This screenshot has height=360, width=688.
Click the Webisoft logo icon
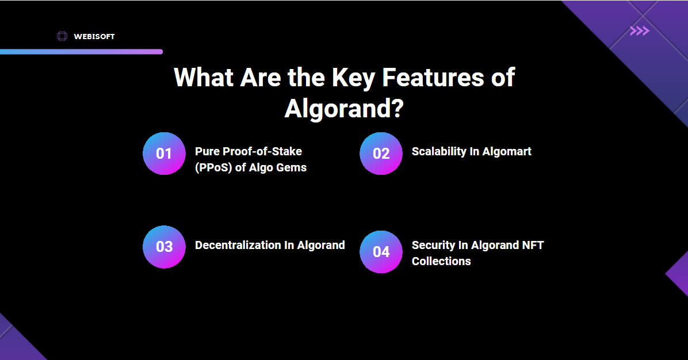(62, 36)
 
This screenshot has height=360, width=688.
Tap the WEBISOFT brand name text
(94, 37)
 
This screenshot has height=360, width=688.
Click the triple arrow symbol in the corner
(639, 31)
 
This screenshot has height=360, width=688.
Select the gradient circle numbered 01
(164, 154)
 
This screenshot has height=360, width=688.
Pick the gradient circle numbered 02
(381, 154)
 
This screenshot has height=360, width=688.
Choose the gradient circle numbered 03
(164, 247)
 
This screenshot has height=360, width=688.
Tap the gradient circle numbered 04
(381, 252)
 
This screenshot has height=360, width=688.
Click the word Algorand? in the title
(343, 109)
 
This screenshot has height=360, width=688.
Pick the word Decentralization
(238, 245)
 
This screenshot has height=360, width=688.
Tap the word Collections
(441, 261)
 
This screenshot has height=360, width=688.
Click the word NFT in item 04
(533, 245)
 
